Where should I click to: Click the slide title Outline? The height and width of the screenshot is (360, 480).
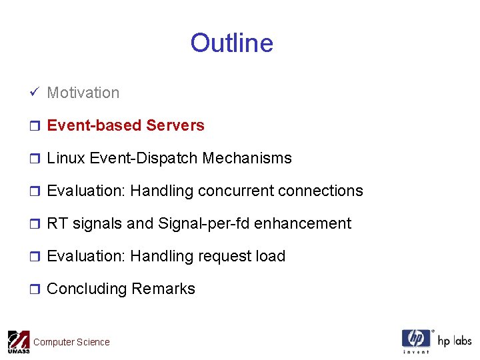[231, 43]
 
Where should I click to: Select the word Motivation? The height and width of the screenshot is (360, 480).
[83, 93]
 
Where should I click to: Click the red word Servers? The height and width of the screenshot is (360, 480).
[175, 125]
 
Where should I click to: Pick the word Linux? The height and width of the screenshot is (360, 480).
[65, 158]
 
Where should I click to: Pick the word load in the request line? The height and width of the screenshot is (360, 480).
[273, 256]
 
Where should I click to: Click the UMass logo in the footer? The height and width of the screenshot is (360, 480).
[19, 341]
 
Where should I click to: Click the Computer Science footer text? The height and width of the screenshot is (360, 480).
[71, 342]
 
